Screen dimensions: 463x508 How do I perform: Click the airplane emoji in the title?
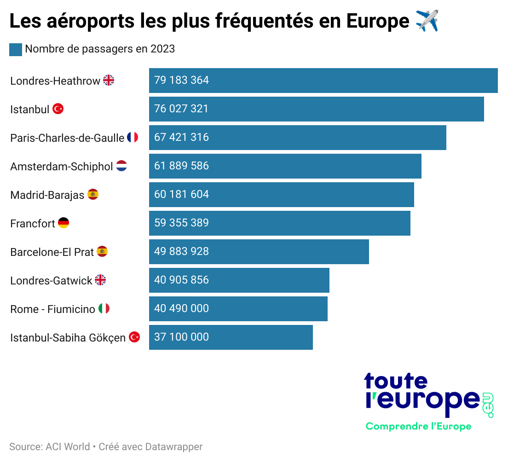[427, 21]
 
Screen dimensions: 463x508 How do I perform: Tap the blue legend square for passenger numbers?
[16, 49]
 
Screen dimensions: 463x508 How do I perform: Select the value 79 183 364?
[181, 80]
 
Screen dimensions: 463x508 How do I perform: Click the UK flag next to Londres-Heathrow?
[109, 81]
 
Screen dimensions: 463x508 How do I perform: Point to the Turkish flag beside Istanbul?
[58, 109]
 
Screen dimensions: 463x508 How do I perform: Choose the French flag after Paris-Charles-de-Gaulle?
[133, 137]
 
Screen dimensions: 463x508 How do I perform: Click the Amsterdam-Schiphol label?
[62, 166]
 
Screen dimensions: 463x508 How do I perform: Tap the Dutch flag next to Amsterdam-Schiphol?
[121, 166]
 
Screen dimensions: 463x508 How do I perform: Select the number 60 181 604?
[181, 194]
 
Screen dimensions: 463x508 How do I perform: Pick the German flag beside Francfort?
[63, 223]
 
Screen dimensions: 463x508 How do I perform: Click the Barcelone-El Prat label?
[52, 252]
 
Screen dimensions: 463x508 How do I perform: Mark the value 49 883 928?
[181, 251]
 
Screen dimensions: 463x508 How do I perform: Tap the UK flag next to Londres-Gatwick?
[100, 280]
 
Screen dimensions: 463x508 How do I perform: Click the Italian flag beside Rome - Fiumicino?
[104, 309]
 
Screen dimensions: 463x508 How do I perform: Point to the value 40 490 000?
[181, 308]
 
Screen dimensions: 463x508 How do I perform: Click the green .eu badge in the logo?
[487, 405]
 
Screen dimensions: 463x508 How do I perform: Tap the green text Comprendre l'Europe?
[418, 426]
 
